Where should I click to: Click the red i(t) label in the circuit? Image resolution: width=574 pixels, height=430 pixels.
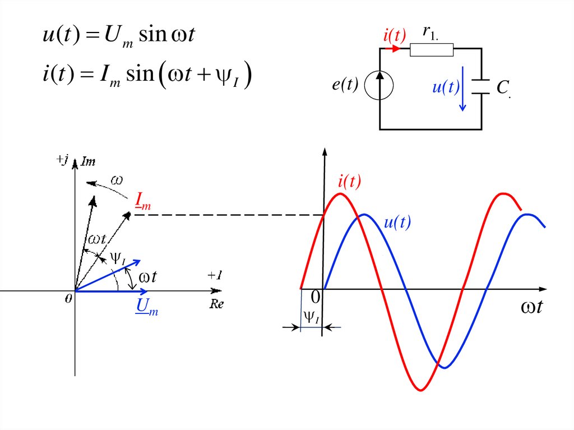coord(394,36)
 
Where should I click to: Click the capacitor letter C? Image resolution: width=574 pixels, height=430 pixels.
coord(502,86)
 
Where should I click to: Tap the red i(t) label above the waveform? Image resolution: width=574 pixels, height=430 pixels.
coord(349,181)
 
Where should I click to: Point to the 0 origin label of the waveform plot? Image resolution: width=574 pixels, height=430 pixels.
coord(316,297)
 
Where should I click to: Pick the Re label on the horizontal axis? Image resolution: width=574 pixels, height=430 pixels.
coord(216,304)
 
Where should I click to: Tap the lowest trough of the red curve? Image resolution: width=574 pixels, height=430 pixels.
coord(420,390)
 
